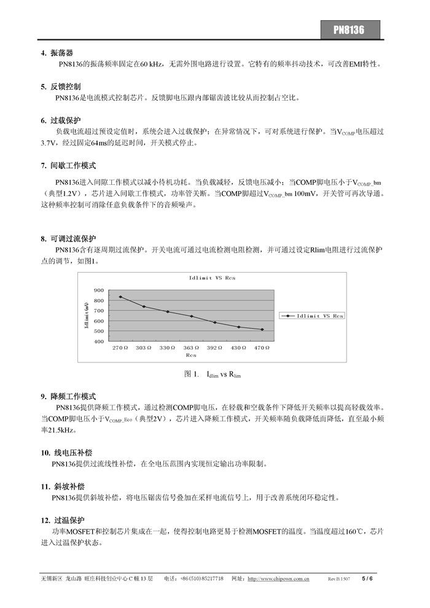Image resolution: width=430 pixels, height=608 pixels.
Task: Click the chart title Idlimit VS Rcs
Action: [x=212, y=278]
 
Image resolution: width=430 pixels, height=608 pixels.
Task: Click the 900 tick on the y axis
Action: [x=99, y=290]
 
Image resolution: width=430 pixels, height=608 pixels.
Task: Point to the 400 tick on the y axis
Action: [x=99, y=341]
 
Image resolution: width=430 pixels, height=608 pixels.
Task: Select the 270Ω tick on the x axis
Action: [x=120, y=348]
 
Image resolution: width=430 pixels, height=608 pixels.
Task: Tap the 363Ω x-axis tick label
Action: [x=191, y=348]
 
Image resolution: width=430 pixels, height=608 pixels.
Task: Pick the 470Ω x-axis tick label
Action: [x=262, y=348]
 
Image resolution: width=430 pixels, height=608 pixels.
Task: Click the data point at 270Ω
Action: [x=120, y=297]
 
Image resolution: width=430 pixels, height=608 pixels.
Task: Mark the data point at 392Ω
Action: [x=215, y=322]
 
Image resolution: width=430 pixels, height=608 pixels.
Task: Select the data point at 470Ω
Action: [x=262, y=330]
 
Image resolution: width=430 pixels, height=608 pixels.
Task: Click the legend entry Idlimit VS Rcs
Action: [x=313, y=316]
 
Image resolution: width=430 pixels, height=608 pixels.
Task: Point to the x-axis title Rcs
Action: [x=191, y=354]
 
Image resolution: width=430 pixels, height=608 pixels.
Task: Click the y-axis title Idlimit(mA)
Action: [x=87, y=315]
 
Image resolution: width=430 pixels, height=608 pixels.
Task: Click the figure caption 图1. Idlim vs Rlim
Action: [x=213, y=374]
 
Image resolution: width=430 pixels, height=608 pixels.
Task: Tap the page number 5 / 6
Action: [x=367, y=579]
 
